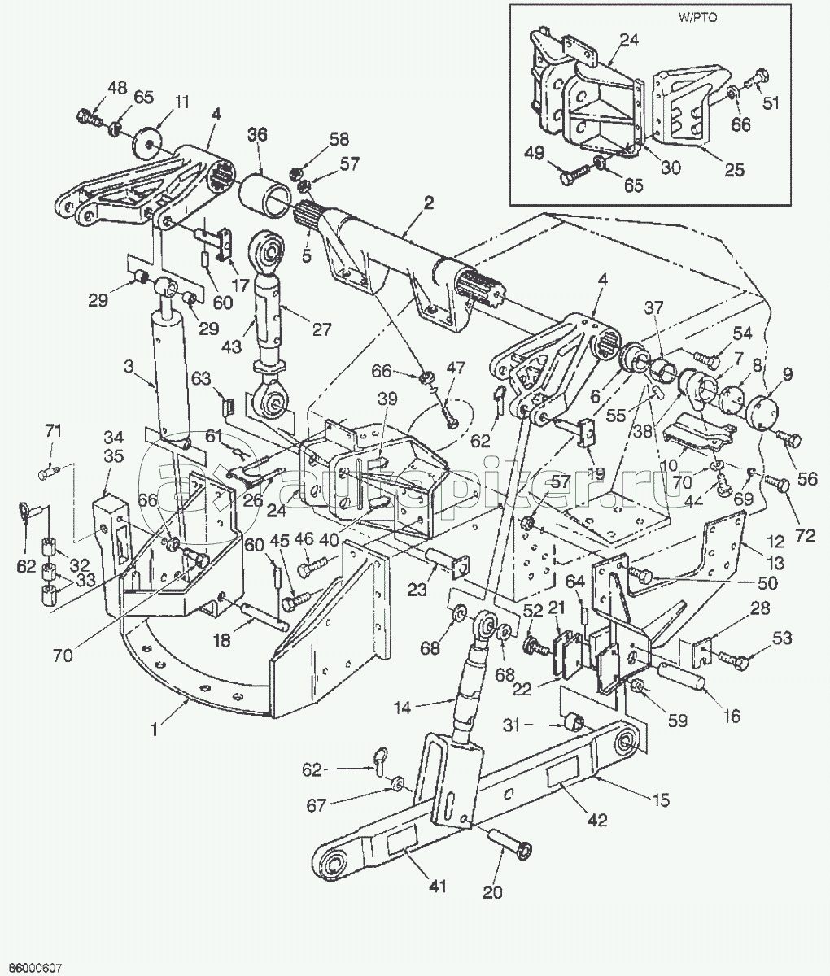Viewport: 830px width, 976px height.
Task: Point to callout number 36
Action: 258,137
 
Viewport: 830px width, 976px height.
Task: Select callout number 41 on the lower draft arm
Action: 438,887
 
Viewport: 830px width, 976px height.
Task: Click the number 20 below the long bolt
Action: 492,891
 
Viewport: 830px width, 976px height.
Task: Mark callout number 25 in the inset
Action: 734,170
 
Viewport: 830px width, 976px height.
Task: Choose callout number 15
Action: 660,800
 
